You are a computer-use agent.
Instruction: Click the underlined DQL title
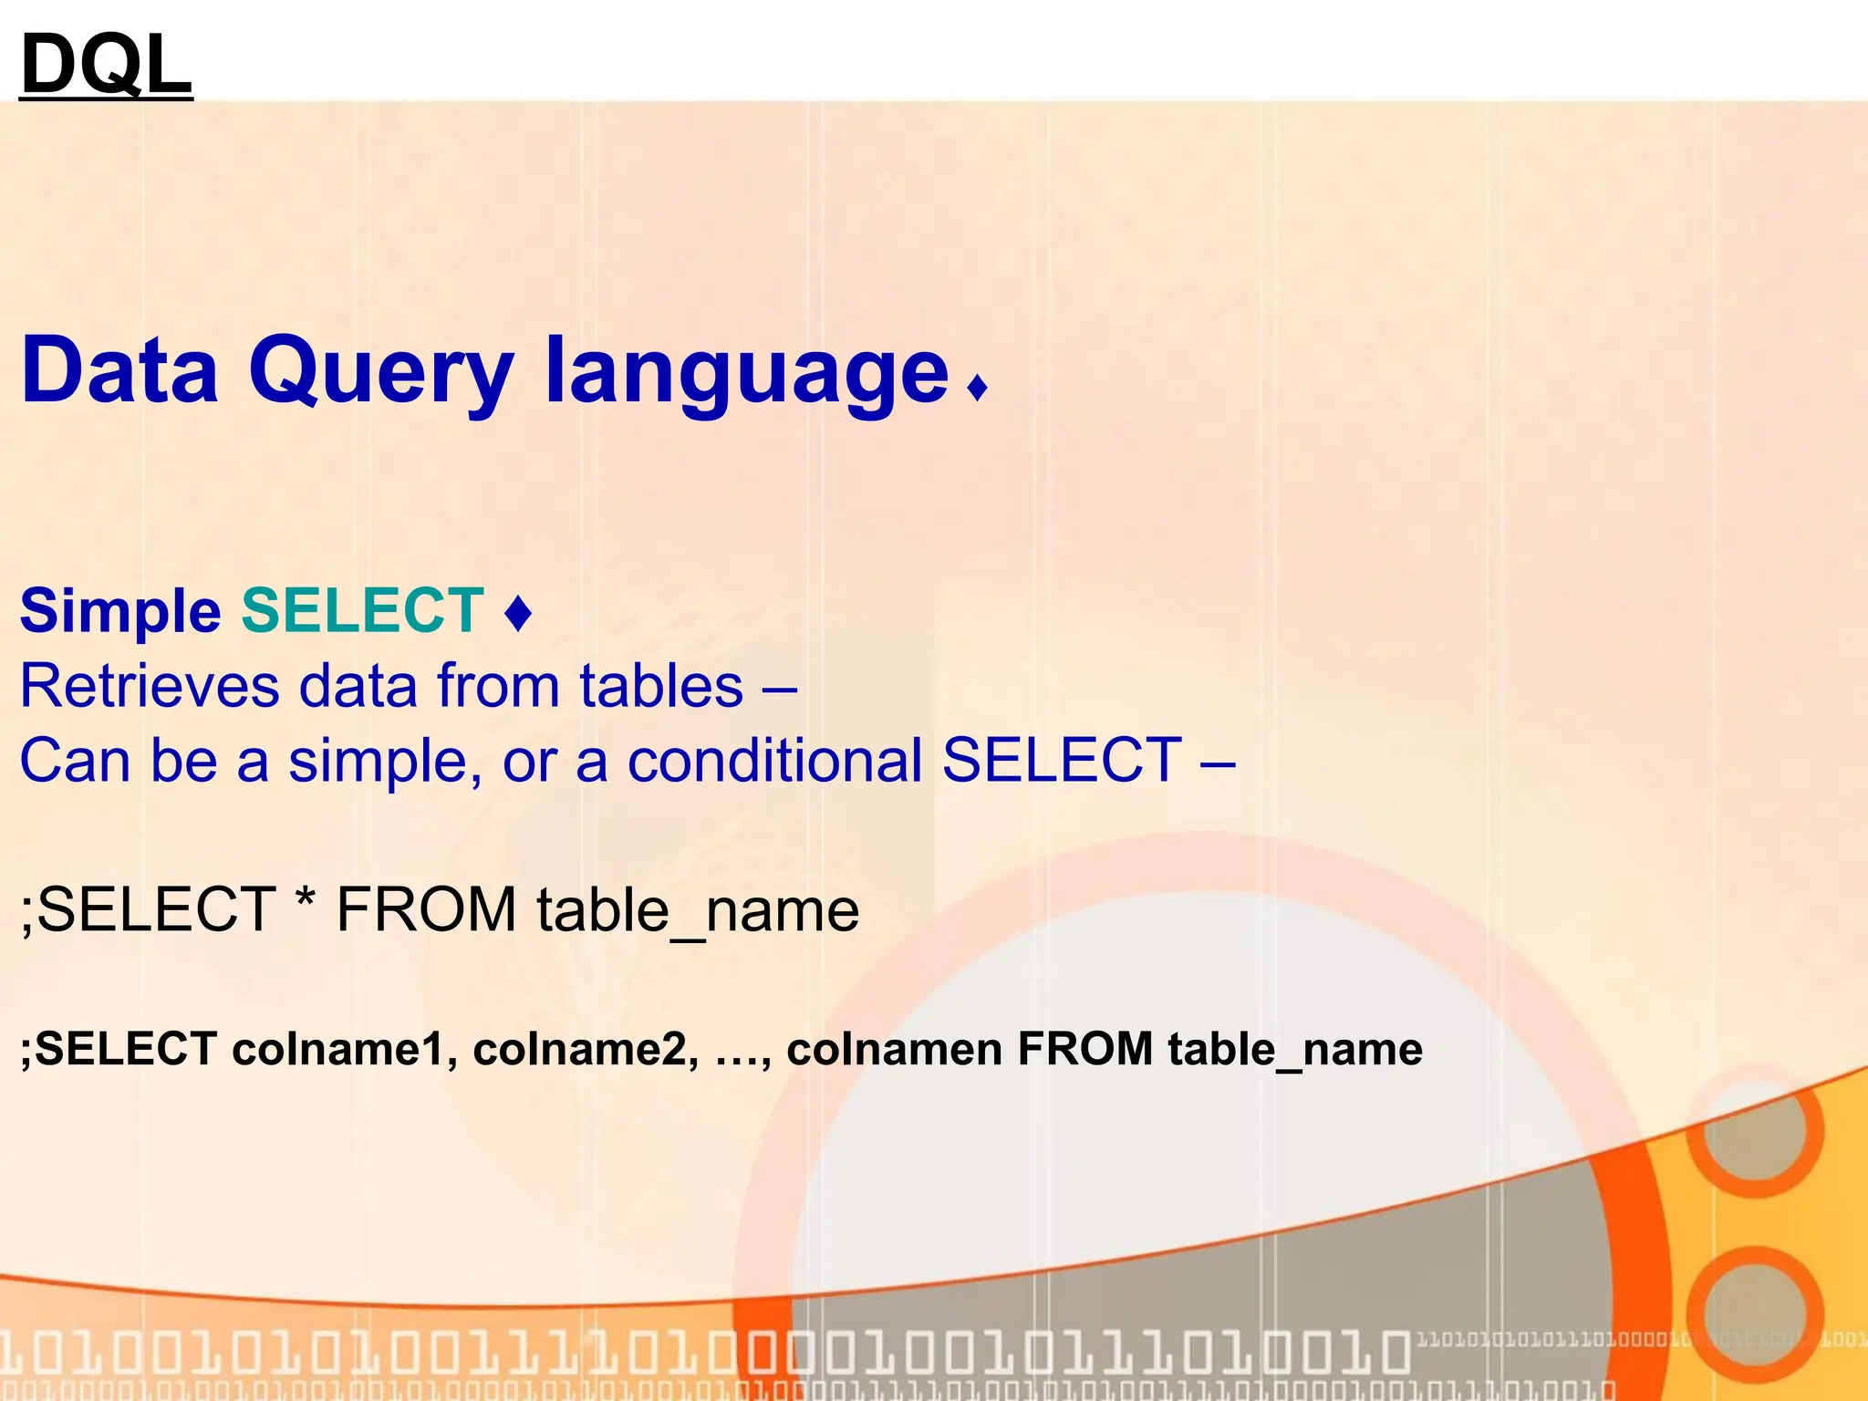(x=106, y=64)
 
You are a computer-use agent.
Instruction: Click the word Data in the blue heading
(x=119, y=369)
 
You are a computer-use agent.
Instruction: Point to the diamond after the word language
(x=978, y=388)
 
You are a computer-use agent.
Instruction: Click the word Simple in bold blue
(x=120, y=611)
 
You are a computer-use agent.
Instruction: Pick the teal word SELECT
(x=362, y=610)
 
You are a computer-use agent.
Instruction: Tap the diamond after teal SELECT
(x=518, y=613)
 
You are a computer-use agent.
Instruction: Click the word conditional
(x=775, y=760)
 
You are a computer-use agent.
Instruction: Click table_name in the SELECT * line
(x=698, y=910)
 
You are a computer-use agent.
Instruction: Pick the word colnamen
(x=894, y=1049)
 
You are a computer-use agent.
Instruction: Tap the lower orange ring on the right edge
(x=1756, y=1313)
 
